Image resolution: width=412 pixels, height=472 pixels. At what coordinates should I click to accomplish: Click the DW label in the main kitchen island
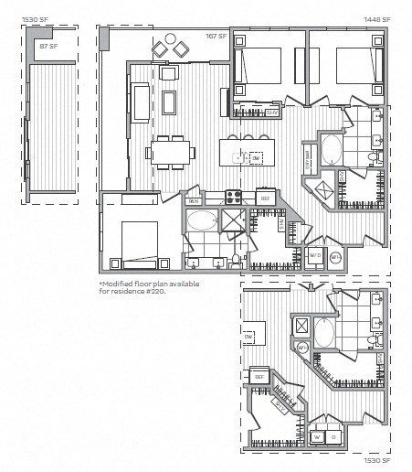[256, 158]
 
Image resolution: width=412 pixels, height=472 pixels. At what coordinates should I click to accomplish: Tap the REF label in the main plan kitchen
[265, 198]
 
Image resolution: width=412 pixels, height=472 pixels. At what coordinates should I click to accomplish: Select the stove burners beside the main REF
[235, 196]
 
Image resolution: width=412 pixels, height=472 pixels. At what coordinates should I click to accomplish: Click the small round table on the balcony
[165, 47]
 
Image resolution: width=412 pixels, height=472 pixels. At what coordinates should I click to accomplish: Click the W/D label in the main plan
[313, 255]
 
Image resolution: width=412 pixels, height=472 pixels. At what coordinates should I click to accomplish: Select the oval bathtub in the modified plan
[326, 330]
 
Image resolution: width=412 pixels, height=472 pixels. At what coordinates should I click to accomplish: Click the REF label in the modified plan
[259, 376]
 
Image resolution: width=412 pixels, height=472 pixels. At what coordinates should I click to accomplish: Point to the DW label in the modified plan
[248, 337]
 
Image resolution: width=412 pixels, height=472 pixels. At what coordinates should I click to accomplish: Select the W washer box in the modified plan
[319, 436]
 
